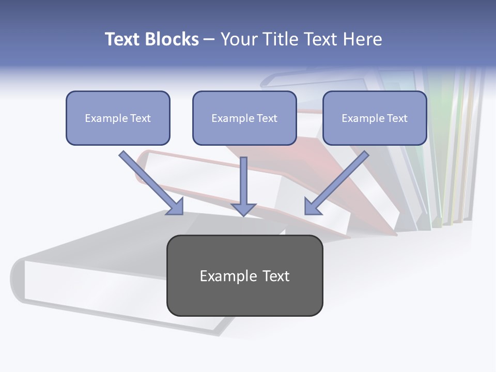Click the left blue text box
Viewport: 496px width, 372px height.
click(x=118, y=118)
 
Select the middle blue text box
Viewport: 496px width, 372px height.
click(x=244, y=118)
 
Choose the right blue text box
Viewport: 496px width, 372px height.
click(x=375, y=118)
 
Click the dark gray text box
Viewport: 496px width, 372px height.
click(x=244, y=275)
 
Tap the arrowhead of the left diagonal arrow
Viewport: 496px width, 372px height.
click(x=176, y=207)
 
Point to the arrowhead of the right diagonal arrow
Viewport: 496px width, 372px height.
click(x=311, y=207)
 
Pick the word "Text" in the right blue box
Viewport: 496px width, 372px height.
click(x=397, y=118)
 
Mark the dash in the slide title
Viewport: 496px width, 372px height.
click(x=209, y=40)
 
